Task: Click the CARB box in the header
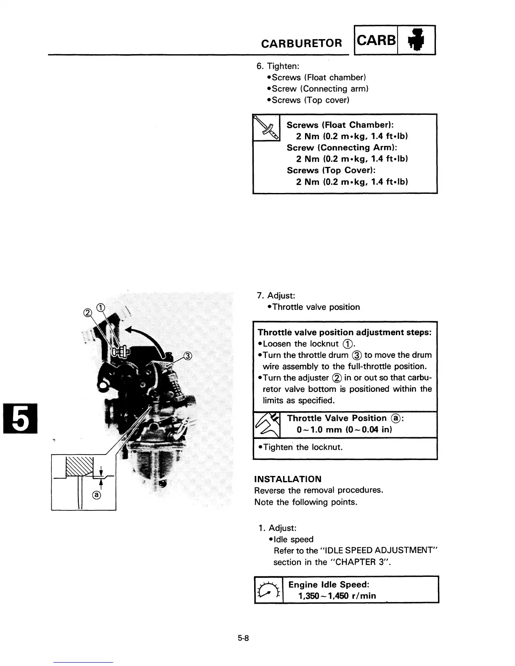tap(376, 40)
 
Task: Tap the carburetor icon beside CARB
tap(416, 40)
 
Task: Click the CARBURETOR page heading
tap(301, 43)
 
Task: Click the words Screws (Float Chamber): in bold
tap(340, 125)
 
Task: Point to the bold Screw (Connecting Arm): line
tap(342, 148)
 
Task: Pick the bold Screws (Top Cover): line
tap(331, 170)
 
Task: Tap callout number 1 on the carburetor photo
tap(101, 307)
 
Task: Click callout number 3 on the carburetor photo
tap(188, 357)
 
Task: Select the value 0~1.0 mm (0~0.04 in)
tap(344, 430)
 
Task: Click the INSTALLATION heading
tap(288, 479)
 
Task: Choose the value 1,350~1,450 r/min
tap(337, 596)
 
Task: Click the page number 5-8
tap(244, 638)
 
